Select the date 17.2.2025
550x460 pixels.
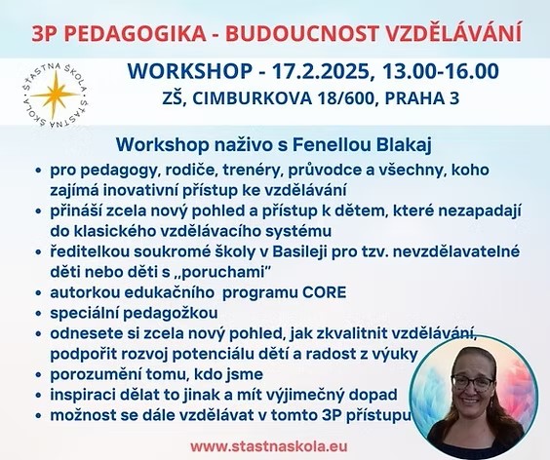click(x=321, y=71)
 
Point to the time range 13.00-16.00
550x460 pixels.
click(x=440, y=71)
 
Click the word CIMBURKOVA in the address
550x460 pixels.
click(x=252, y=98)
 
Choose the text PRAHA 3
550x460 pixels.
click(x=422, y=98)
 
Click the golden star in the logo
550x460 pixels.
click(x=55, y=95)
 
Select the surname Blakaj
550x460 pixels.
click(x=404, y=145)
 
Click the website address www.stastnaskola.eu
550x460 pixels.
click(x=269, y=446)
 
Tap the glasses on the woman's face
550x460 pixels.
click(x=473, y=382)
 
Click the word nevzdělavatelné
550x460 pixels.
click(x=456, y=252)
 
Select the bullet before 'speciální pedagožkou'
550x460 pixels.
click(x=39, y=314)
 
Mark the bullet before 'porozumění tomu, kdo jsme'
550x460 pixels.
click(x=39, y=375)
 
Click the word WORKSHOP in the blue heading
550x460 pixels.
click(x=189, y=71)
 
